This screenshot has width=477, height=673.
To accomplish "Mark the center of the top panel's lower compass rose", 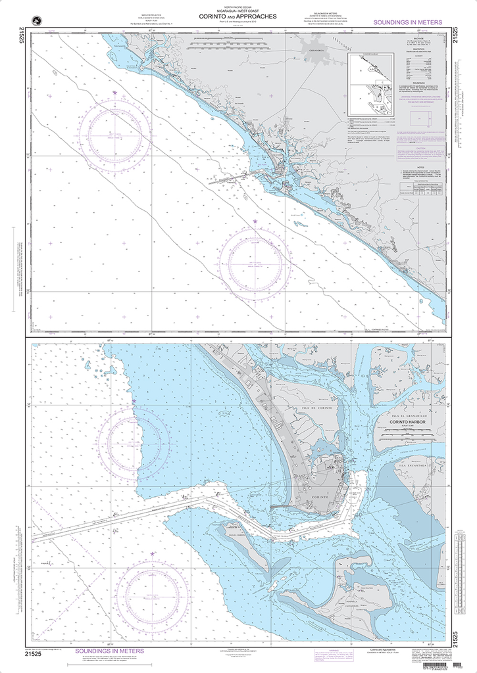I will (254, 262).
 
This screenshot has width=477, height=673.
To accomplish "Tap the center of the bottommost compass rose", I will (153, 593).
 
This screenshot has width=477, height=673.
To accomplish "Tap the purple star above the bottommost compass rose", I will (153, 554).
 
